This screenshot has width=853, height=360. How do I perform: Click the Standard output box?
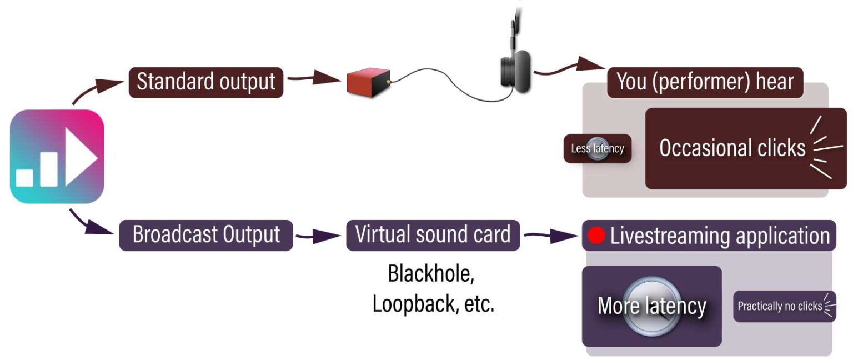click(206, 82)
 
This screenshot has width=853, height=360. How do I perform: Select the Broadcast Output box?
click(206, 235)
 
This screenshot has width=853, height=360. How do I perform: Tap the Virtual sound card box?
click(433, 234)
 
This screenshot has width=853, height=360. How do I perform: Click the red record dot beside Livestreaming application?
click(596, 236)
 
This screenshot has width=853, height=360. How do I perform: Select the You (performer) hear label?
click(705, 82)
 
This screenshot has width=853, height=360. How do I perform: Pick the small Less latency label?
click(598, 148)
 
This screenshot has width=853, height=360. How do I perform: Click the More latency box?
click(651, 306)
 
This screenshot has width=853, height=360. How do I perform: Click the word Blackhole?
click(431, 274)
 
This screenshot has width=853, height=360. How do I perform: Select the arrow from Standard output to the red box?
click(314, 78)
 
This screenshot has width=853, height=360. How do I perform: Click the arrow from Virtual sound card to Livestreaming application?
click(550, 236)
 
